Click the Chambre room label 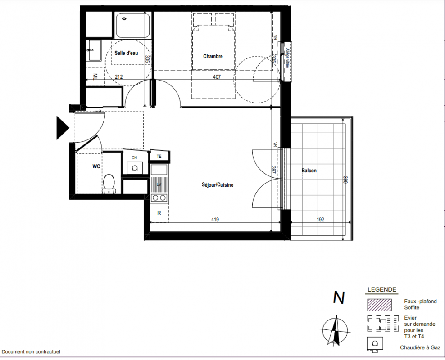213,56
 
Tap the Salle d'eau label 126,53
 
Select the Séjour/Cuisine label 218,185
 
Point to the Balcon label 309,171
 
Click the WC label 96,166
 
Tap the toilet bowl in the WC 109,184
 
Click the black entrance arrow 63,128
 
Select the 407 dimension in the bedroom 217,77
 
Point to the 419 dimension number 215,220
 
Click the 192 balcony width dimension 320,220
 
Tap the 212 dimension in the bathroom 118,77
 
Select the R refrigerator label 159,213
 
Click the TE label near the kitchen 159,157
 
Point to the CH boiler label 134,157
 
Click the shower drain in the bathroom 124,19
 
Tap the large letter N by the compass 339,297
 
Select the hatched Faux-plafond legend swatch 379,305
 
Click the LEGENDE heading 382,290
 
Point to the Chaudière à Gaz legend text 420,347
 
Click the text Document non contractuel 31,352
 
